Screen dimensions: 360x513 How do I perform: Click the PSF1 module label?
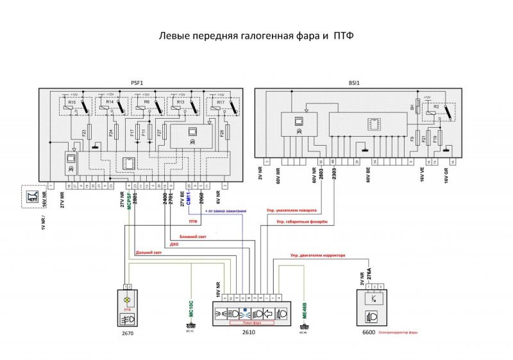pyautogui.click(x=136, y=83)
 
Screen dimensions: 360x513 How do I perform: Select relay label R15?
pyautogui.click(x=72, y=103)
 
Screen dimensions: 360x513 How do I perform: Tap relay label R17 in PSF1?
pyautogui.click(x=220, y=103)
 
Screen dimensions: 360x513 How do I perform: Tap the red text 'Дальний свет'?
pyautogui.click(x=149, y=253)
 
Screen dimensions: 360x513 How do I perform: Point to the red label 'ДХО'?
pyautogui.click(x=174, y=244)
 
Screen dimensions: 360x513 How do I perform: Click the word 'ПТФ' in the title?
pyautogui.click(x=343, y=37)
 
